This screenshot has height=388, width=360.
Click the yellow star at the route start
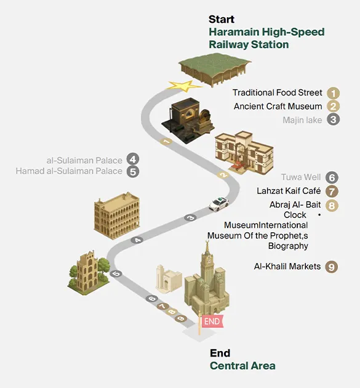point(184,86)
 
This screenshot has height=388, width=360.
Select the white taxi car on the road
point(219,204)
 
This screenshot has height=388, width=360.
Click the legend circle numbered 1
point(333,93)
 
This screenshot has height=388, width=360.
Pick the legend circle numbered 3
point(333,119)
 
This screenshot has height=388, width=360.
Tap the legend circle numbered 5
point(133,171)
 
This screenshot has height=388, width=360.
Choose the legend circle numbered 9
point(332,267)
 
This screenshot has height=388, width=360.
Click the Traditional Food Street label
point(277,92)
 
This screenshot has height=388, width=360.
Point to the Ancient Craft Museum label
point(278,107)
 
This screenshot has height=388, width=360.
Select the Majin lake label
point(302,120)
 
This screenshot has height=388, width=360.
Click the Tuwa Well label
point(301,177)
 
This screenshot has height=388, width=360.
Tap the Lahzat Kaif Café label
point(289,191)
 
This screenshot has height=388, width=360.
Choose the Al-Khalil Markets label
point(287,267)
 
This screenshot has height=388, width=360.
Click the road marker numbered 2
point(223,175)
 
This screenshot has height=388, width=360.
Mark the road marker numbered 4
point(137,240)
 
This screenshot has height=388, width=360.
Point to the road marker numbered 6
point(152,299)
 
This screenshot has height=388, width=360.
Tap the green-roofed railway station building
point(215,70)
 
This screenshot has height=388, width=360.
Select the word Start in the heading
point(222,19)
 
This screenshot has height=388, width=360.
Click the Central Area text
point(242,366)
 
